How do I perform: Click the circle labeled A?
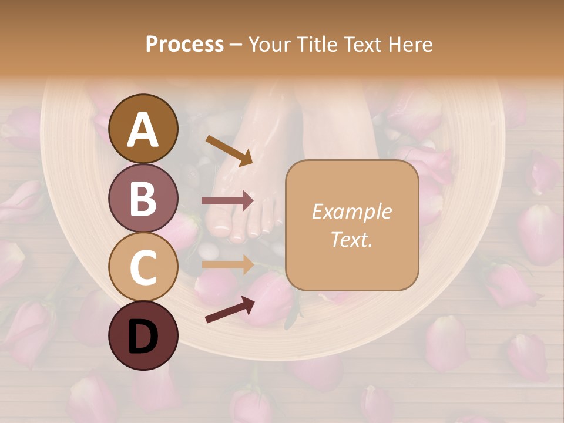point(143,129)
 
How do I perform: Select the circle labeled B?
point(143,199)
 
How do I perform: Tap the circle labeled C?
point(143,267)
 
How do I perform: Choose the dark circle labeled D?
point(143,335)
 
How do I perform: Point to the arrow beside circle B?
point(227,200)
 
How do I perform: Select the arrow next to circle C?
point(227,264)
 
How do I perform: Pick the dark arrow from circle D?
point(230,309)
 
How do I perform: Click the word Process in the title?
point(184,45)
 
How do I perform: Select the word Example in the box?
point(351,211)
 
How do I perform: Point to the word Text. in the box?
point(351,239)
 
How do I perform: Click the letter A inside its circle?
point(143,130)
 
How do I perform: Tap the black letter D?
point(143,337)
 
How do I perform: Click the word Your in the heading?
point(269,45)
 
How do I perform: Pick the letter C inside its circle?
point(143,267)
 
